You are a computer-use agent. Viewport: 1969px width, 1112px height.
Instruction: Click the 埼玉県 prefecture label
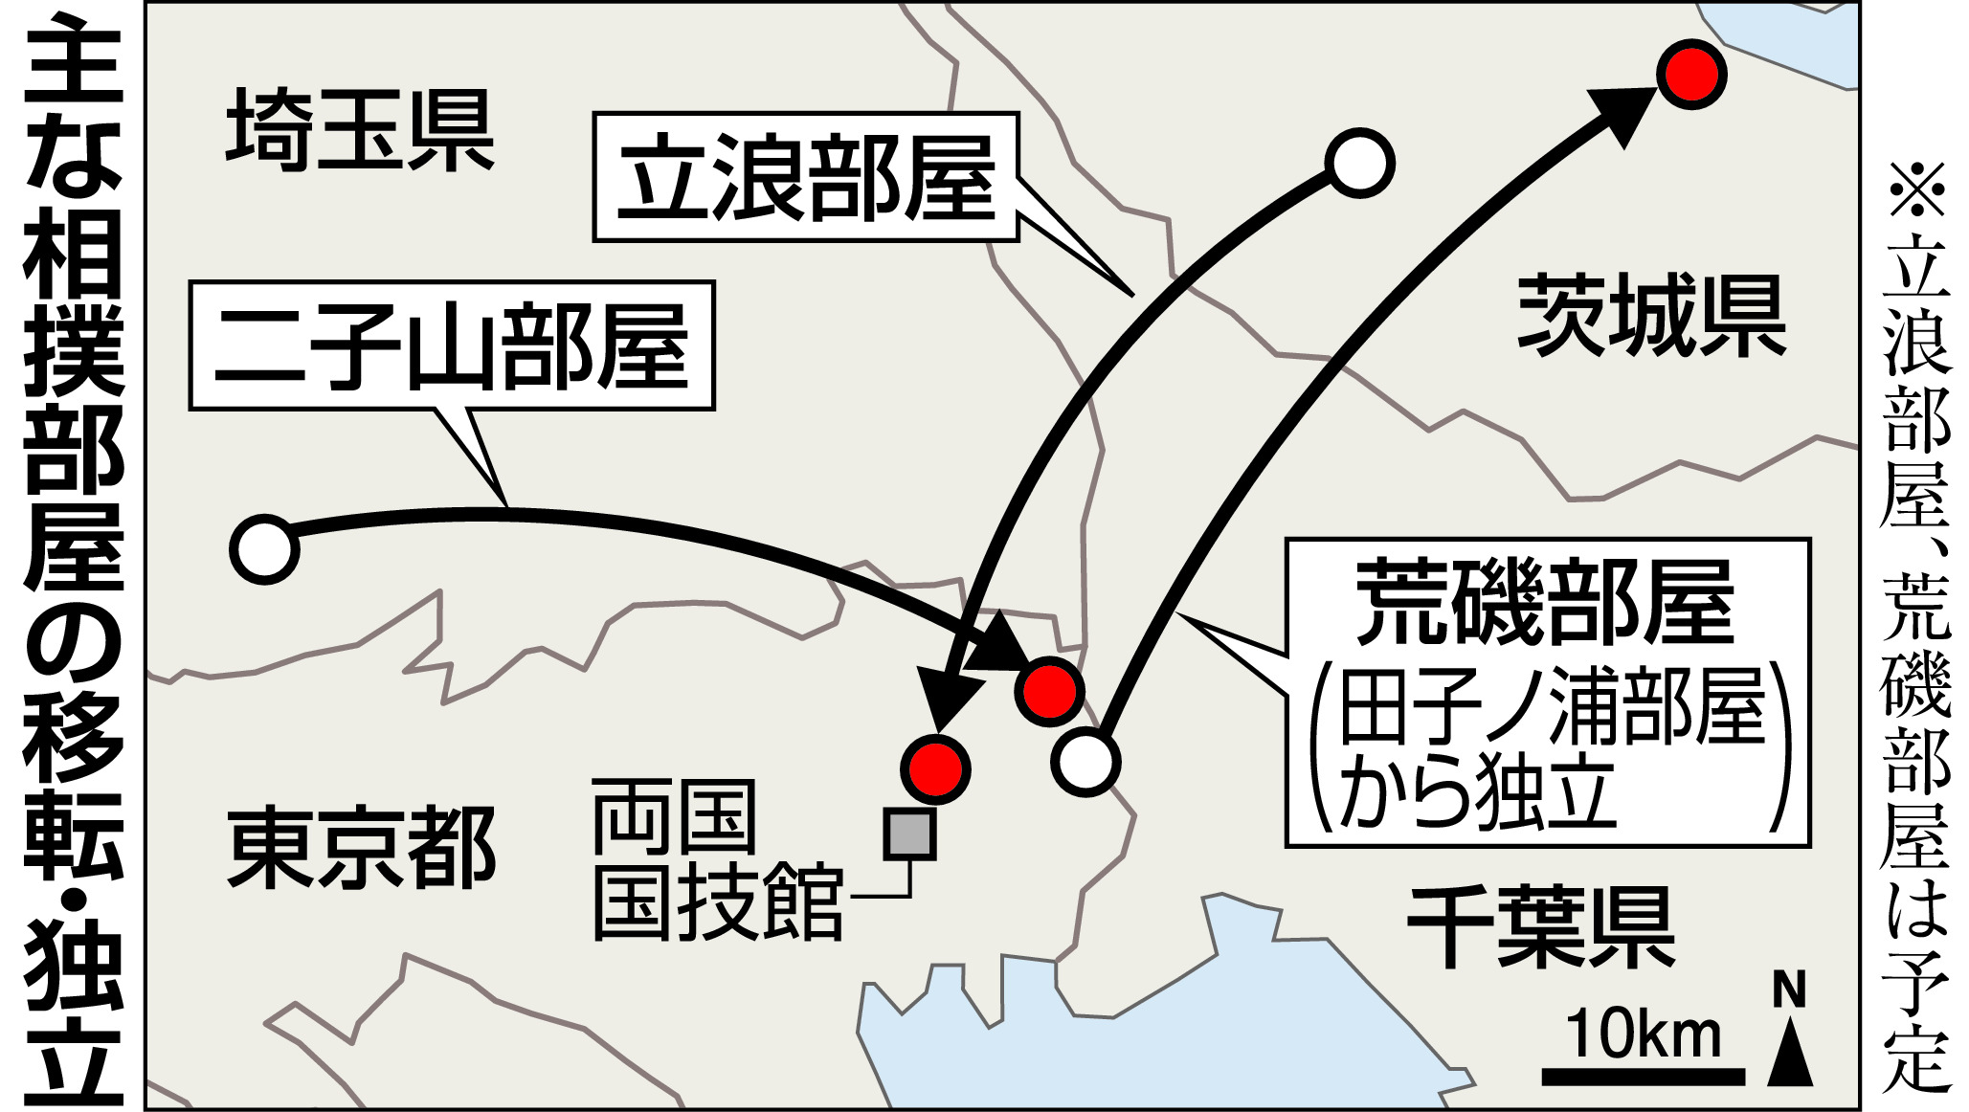click(360, 130)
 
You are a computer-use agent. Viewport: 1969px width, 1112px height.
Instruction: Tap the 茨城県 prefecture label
click(1651, 315)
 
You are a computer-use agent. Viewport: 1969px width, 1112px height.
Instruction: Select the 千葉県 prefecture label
click(1540, 925)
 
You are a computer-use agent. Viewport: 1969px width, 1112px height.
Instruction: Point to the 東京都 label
click(361, 848)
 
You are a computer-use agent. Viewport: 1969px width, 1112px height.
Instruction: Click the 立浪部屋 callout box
click(806, 177)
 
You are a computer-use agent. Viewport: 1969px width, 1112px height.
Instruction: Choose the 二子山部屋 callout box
click(452, 345)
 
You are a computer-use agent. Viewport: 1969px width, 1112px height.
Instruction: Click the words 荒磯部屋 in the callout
click(1545, 602)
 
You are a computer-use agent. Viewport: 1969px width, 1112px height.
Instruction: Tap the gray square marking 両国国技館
click(908, 834)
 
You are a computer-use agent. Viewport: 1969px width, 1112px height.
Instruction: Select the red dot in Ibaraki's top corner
click(1690, 74)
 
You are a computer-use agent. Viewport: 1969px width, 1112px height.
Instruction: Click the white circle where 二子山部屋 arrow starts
click(264, 549)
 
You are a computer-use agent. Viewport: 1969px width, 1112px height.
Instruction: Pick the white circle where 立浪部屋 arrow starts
click(1359, 163)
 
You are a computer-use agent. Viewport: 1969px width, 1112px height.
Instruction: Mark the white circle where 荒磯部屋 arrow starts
click(1085, 762)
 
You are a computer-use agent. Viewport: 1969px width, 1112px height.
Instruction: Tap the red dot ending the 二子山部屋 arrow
click(1049, 691)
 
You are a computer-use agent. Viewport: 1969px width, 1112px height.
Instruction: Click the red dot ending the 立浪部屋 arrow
click(935, 768)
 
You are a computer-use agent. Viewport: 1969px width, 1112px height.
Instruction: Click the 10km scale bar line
click(1643, 1077)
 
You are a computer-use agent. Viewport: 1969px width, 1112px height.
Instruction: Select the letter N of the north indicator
click(1788, 990)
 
